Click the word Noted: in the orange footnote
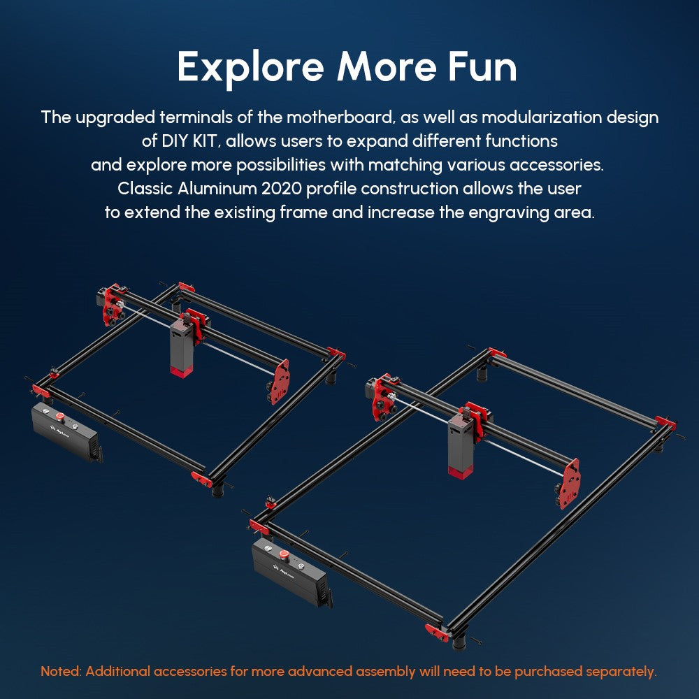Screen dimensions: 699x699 [x=62, y=672]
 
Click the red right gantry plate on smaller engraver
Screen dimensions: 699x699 [x=279, y=382]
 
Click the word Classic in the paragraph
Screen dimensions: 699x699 [x=145, y=189]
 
